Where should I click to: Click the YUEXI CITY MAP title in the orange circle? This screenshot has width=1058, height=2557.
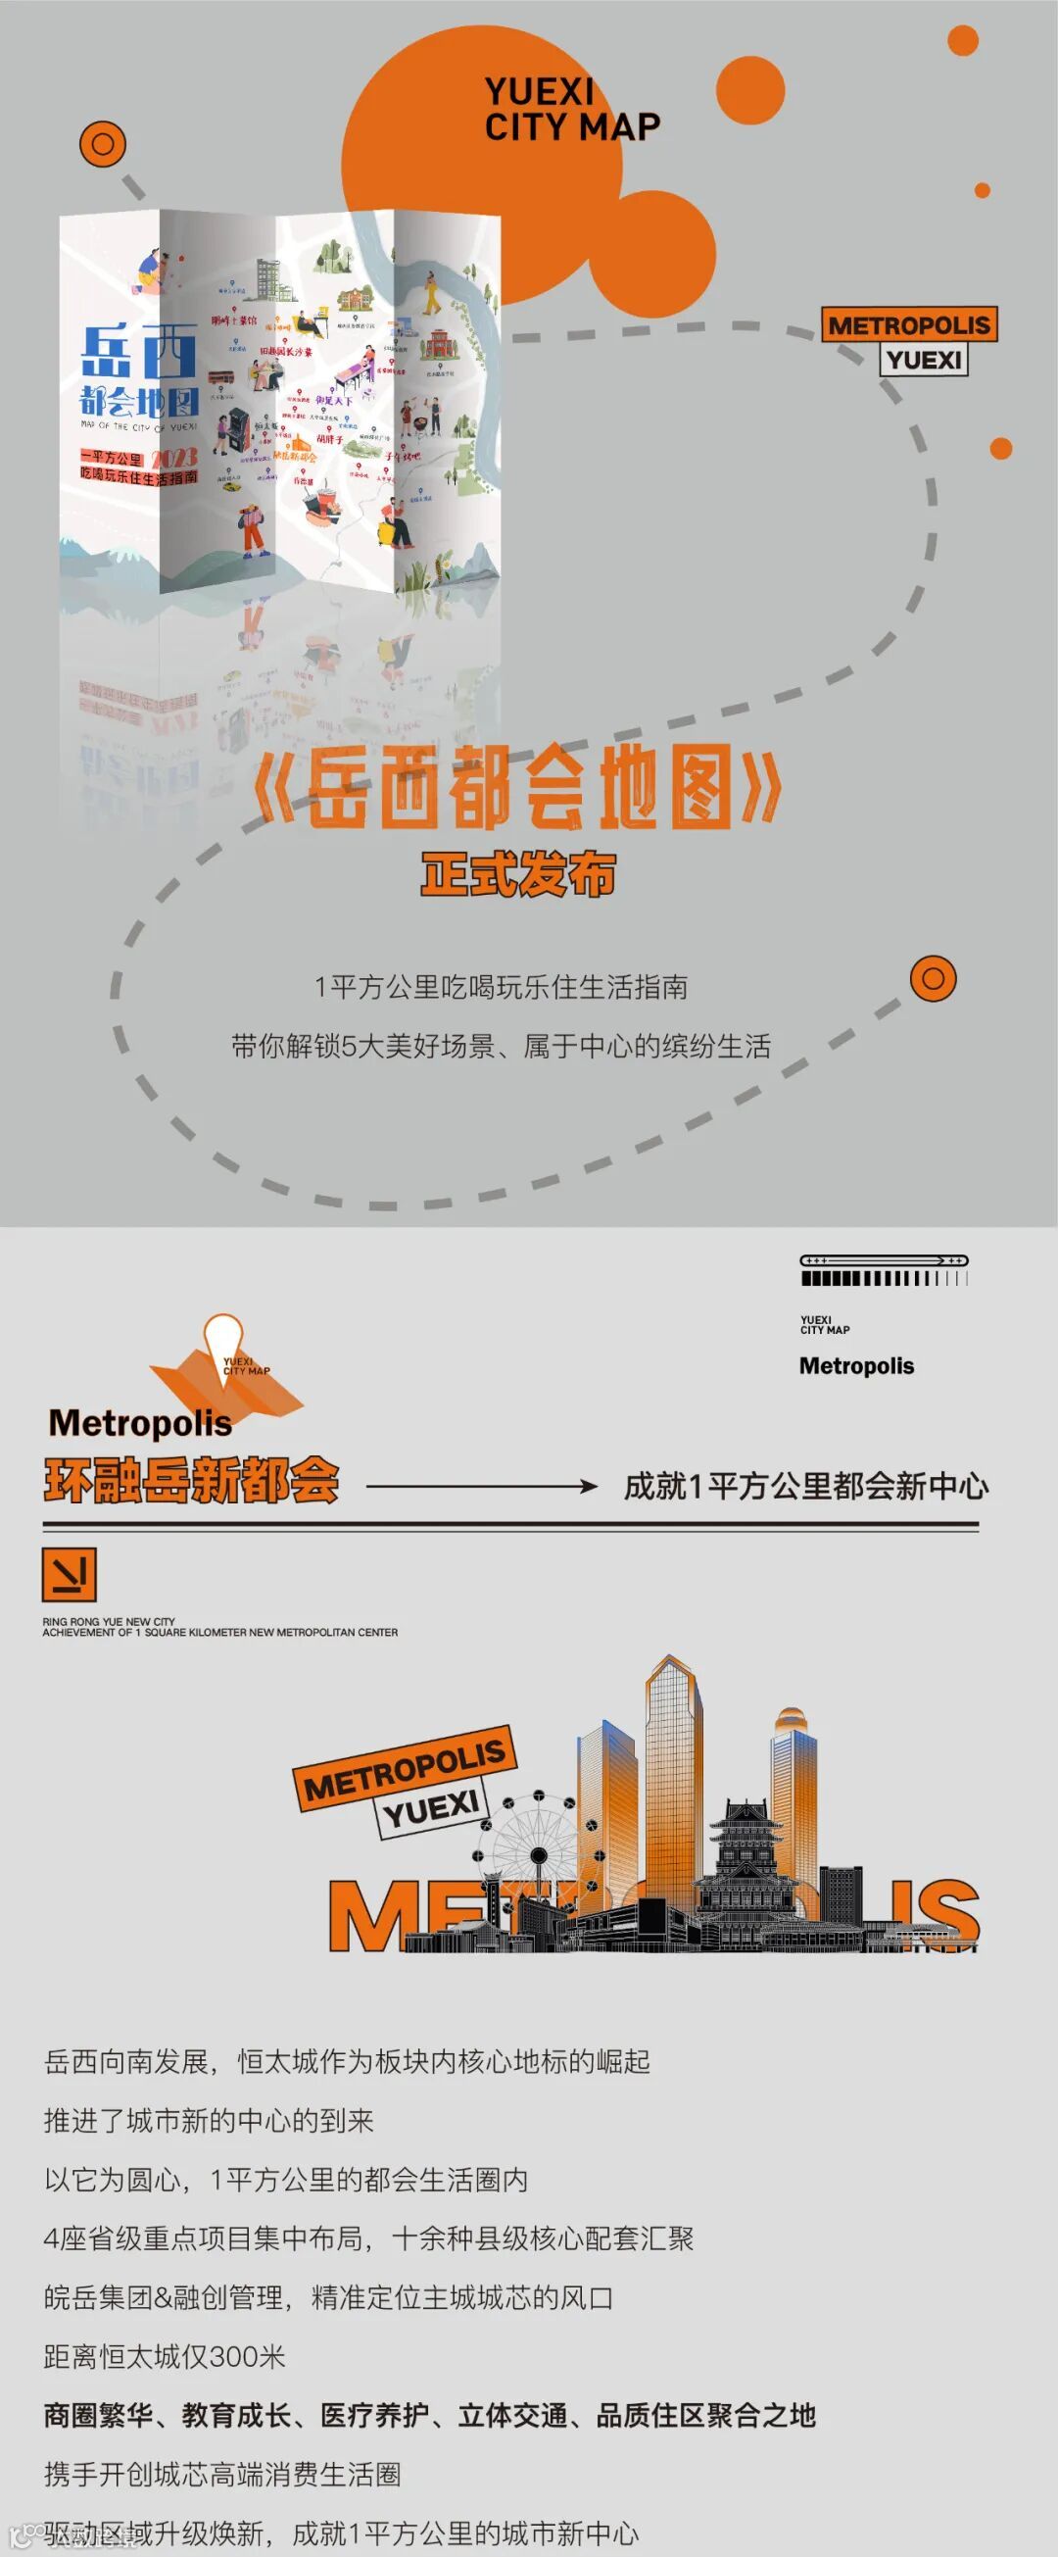point(572,109)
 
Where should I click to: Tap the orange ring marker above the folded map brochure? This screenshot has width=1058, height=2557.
point(102,145)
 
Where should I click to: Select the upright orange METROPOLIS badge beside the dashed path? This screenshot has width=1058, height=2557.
point(909,325)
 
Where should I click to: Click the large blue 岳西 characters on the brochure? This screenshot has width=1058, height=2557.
point(138,353)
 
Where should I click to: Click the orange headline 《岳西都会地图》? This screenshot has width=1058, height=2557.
point(517,788)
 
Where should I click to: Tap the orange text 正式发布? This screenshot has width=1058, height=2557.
point(518,874)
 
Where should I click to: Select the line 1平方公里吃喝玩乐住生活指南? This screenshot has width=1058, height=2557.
point(501,987)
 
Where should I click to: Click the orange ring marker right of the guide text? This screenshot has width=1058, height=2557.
point(933,979)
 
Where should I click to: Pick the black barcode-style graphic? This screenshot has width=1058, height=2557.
point(884,1271)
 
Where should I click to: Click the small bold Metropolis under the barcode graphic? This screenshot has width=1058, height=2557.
point(856,1366)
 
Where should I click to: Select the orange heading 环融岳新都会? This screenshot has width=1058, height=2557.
point(192,1482)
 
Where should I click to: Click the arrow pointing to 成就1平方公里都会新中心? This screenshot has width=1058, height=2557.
point(481,1486)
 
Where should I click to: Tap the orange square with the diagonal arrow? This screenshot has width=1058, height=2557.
point(69,1574)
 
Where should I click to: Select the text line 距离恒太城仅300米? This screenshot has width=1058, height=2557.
point(165,2355)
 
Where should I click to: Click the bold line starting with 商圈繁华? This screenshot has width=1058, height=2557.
point(429,2415)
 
